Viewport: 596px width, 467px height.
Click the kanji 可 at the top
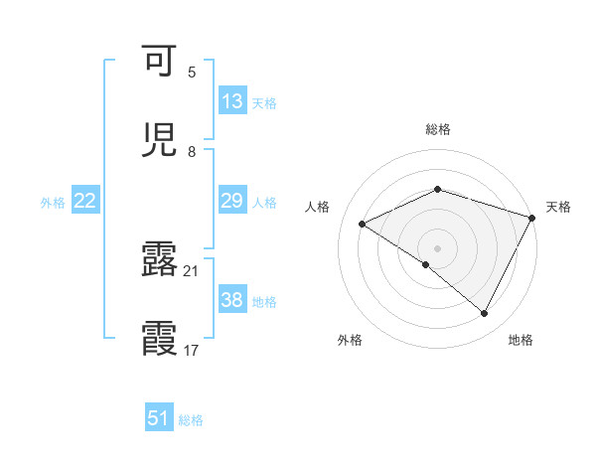coord(160,62)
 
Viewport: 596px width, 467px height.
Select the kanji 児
coord(160,140)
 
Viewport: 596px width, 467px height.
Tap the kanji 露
coord(160,260)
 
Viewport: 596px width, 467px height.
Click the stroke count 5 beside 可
coord(192,73)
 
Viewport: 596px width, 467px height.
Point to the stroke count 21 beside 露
coord(192,271)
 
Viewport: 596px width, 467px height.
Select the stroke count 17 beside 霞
coord(192,351)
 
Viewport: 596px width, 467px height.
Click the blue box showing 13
coord(232,101)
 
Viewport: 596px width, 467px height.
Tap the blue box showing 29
coord(232,201)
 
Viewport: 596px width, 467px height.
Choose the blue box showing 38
coord(232,300)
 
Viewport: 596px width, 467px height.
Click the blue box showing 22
coord(85,201)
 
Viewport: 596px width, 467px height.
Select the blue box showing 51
coord(159,418)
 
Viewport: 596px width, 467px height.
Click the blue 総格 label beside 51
coord(191,420)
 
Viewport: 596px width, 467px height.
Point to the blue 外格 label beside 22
coord(53,203)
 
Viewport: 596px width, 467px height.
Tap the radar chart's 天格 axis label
coord(558,207)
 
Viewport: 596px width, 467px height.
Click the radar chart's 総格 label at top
coord(438,129)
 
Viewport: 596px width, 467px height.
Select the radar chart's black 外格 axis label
coord(350,341)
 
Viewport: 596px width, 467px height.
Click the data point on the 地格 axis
coord(485,314)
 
